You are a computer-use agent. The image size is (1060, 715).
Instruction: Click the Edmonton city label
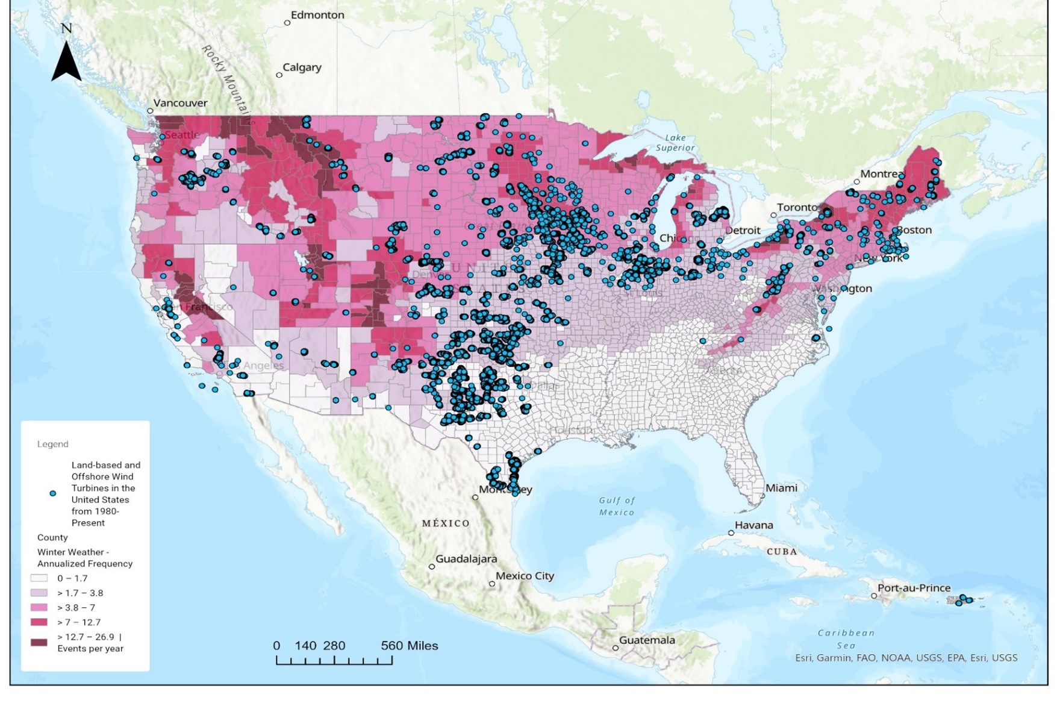point(317,15)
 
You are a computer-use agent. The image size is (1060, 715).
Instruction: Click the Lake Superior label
point(675,143)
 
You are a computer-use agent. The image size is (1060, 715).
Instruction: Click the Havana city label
point(753,525)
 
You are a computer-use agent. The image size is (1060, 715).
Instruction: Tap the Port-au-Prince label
point(913,588)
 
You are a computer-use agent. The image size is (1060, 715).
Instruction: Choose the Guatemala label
point(646,640)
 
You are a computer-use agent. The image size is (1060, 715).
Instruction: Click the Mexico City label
point(525,576)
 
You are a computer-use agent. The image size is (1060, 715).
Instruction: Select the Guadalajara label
point(466,559)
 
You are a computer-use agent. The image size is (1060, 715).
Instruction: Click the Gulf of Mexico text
point(616,507)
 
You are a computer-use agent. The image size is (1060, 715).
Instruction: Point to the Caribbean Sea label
point(846,639)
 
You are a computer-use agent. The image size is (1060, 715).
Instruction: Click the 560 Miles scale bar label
point(409,646)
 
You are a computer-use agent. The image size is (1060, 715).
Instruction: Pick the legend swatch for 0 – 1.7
point(39,578)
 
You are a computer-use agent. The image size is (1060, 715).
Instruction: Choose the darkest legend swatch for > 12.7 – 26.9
point(39,643)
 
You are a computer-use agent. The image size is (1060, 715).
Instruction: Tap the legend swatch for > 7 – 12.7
point(39,622)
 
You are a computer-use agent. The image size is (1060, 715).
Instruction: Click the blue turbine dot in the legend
point(53,493)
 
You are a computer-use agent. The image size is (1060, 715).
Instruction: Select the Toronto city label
point(797,207)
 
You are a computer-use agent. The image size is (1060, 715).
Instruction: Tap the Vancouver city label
point(179,103)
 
